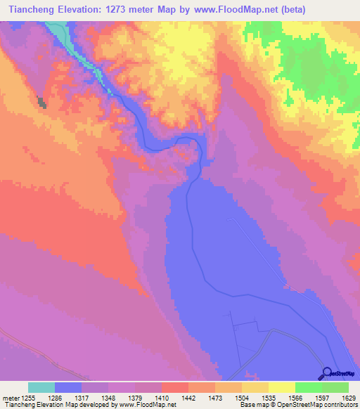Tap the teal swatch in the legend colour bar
pyautogui.click(x=41, y=387)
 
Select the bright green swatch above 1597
pyautogui.click(x=308, y=387)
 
